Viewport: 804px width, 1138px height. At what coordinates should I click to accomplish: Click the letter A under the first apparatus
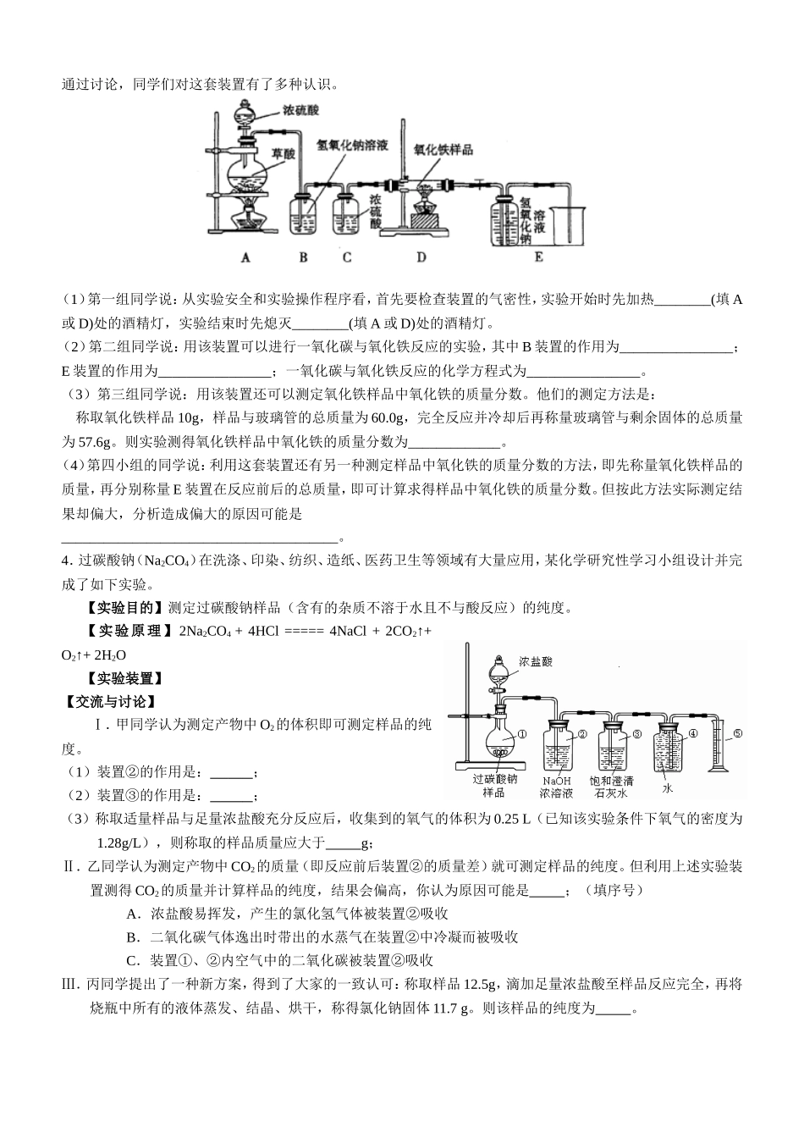tap(245, 257)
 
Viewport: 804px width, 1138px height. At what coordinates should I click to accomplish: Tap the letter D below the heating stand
tap(421, 257)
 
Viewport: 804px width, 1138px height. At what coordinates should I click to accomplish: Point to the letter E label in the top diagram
tap(538, 257)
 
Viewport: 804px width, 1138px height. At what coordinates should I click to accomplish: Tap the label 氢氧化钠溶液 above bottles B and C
tap(352, 145)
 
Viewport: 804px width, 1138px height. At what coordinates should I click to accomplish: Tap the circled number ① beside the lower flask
tap(522, 735)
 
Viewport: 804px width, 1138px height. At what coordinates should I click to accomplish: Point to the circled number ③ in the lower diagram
tap(636, 734)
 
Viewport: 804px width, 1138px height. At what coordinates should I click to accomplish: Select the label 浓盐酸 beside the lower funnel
tap(537, 660)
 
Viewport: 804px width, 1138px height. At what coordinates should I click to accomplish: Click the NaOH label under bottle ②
tap(557, 780)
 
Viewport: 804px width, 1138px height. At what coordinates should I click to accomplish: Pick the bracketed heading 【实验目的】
tap(124, 607)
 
